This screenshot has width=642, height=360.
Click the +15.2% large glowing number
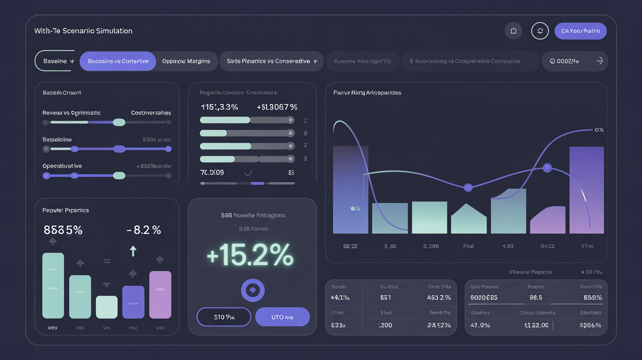[x=250, y=255]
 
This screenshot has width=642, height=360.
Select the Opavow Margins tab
[x=186, y=61]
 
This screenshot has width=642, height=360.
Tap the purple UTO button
[x=282, y=317]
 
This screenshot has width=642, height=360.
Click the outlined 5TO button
[x=224, y=317]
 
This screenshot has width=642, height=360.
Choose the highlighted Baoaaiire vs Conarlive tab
[x=117, y=61]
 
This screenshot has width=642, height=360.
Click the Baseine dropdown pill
[x=55, y=61]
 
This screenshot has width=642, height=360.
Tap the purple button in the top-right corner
[x=580, y=31]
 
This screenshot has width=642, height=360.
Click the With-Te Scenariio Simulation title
[x=83, y=31]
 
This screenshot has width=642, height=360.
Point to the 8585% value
[x=63, y=230]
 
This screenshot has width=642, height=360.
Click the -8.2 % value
[x=143, y=230]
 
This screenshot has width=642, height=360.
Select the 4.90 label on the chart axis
[x=508, y=246]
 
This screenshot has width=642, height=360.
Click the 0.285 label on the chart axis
[x=431, y=246]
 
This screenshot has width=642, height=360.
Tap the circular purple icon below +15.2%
[x=252, y=290]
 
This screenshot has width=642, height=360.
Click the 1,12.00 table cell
[x=536, y=325]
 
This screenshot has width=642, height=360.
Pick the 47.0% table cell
[x=480, y=325]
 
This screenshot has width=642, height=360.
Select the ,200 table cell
[x=385, y=325]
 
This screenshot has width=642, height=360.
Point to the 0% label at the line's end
[x=599, y=130]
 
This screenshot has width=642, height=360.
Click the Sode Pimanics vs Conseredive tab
[x=272, y=61]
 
